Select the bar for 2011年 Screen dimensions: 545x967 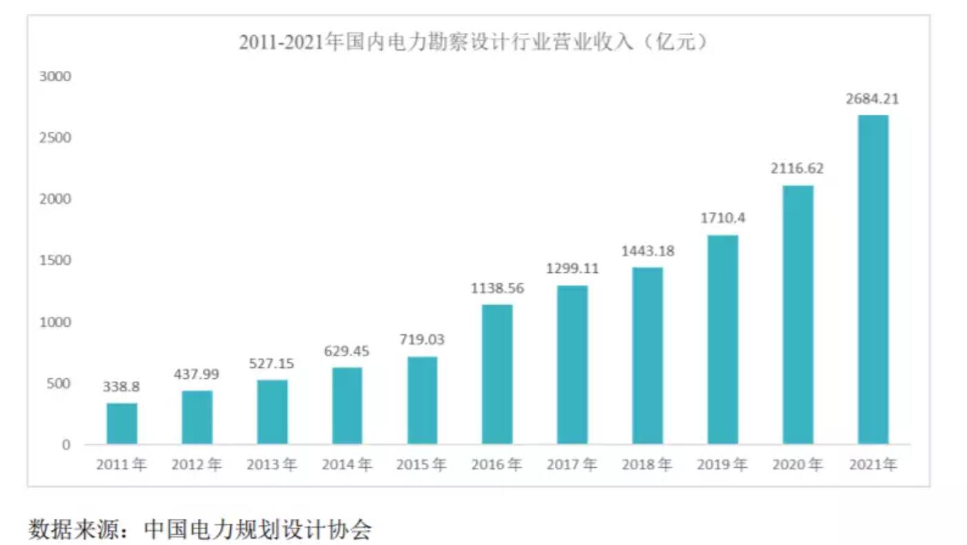tap(122, 423)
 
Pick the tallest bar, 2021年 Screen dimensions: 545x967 tap(873, 279)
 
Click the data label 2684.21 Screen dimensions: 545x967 tap(873, 99)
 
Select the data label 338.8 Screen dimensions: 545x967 tap(121, 387)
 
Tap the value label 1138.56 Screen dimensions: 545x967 tap(497, 289)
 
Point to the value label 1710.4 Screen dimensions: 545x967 tap(722, 219)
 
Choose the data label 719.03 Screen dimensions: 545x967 tap(422, 340)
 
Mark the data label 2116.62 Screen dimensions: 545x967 tap(797, 169)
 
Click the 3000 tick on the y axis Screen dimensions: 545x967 tap(57, 76)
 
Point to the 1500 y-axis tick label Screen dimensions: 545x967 tap(57, 260)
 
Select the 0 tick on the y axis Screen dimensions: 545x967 tap(65, 444)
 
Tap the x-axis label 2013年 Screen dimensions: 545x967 tap(272, 465)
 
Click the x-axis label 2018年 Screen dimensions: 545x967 tap(647, 465)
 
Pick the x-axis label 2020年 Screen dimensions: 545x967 tap(797, 465)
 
